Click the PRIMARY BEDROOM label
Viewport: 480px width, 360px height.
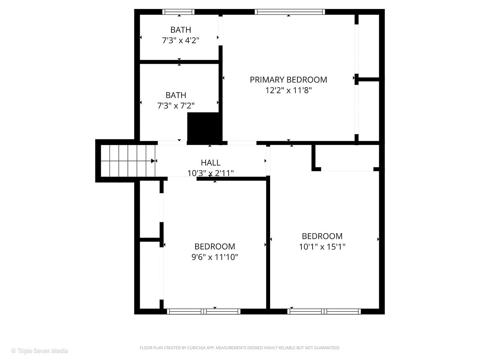(288, 80)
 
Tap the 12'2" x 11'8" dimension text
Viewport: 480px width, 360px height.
(288, 90)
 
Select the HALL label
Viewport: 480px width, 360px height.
(211, 163)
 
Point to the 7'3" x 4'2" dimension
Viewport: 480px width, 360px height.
(180, 40)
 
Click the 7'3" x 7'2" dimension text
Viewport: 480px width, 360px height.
(176, 106)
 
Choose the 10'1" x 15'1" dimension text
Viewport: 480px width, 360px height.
(322, 247)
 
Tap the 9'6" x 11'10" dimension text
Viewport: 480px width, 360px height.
(215, 257)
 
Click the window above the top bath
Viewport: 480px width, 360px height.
(179, 12)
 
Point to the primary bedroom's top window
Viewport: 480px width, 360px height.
(290, 12)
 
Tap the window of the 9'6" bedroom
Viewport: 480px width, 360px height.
(203, 311)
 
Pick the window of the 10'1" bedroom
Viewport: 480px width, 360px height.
(324, 311)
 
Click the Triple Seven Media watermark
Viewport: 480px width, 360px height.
(40, 350)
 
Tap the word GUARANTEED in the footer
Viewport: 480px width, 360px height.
(327, 348)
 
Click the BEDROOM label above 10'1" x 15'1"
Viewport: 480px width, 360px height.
(322, 236)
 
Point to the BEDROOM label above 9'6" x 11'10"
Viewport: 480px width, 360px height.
(215, 247)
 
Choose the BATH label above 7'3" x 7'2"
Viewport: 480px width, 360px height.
(176, 95)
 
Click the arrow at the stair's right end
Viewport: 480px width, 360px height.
(153, 161)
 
